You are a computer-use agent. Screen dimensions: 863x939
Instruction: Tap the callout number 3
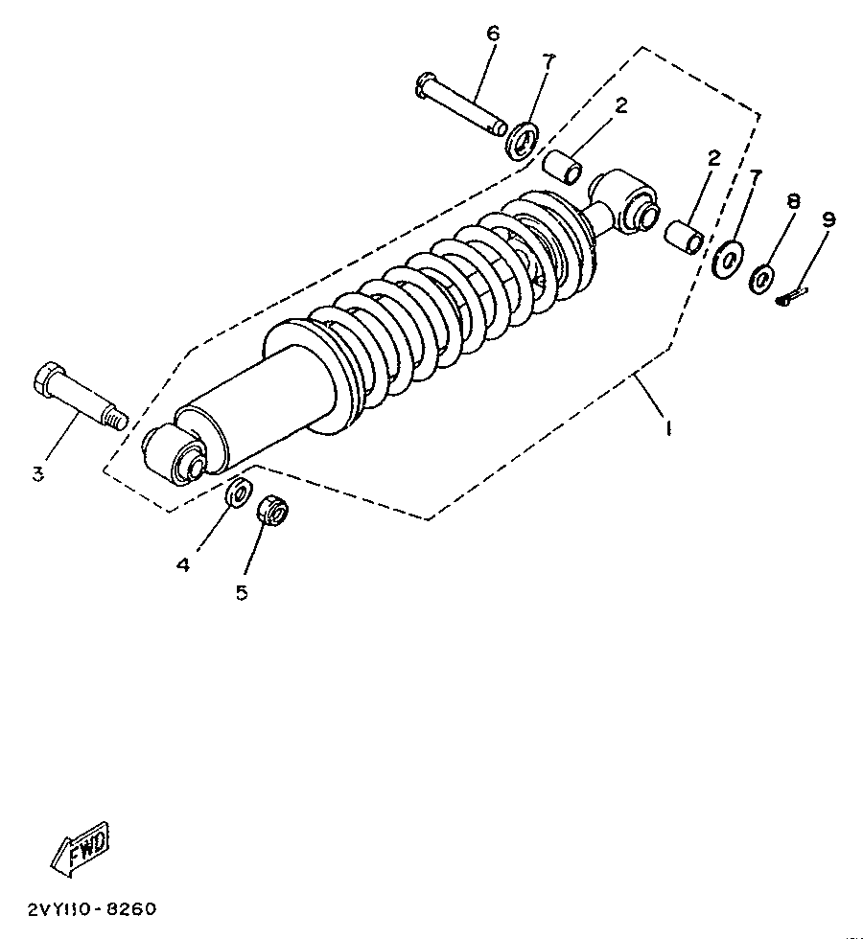[38, 474]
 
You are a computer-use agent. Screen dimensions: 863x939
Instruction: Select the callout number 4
[183, 564]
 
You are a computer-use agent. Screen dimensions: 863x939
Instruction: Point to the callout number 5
[242, 593]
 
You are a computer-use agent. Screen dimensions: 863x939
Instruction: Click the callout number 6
[493, 34]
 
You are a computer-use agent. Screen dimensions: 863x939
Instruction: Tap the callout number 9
[828, 219]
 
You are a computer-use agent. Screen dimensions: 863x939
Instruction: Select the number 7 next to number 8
[756, 178]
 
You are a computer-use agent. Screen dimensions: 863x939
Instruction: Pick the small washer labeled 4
[238, 493]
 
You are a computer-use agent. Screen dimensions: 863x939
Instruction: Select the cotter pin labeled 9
[792, 298]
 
